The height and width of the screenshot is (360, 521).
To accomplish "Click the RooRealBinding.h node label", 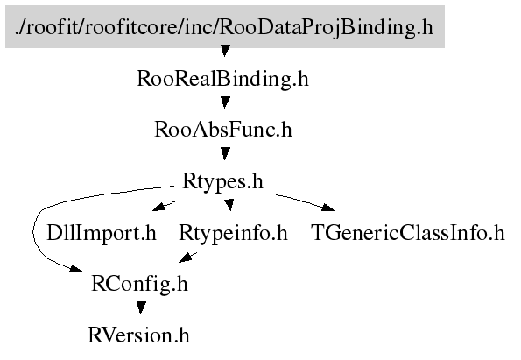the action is click(223, 79).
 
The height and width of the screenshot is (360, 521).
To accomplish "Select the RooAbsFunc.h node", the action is click(223, 130).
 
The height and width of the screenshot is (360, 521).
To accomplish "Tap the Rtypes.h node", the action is click(222, 181).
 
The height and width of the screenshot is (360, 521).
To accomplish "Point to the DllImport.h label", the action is click(102, 233).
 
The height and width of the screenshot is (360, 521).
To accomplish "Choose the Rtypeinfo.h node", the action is click(233, 233).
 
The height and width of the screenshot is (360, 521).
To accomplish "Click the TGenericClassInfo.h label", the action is click(408, 233).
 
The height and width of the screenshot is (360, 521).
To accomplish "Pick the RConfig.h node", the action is click(139, 284).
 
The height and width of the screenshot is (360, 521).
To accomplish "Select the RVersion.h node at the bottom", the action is click(138, 335).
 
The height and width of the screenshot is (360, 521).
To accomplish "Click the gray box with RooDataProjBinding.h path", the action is click(225, 26).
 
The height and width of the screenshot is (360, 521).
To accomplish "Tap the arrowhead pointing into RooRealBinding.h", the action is click(225, 51).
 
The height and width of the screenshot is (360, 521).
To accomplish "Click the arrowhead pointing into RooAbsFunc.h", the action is click(225, 102).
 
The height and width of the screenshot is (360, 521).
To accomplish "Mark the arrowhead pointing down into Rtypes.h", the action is click(225, 153).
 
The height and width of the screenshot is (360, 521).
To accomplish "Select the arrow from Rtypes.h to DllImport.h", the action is click(164, 206).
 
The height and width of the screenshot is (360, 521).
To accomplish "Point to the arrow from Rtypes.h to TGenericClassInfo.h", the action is click(306, 202).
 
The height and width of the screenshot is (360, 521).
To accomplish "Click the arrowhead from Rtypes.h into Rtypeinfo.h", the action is click(229, 205).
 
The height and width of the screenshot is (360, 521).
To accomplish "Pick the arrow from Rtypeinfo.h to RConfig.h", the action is click(187, 258).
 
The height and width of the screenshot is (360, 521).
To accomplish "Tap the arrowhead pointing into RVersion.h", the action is click(141, 307).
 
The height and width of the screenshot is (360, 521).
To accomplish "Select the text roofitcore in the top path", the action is click(130, 27).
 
